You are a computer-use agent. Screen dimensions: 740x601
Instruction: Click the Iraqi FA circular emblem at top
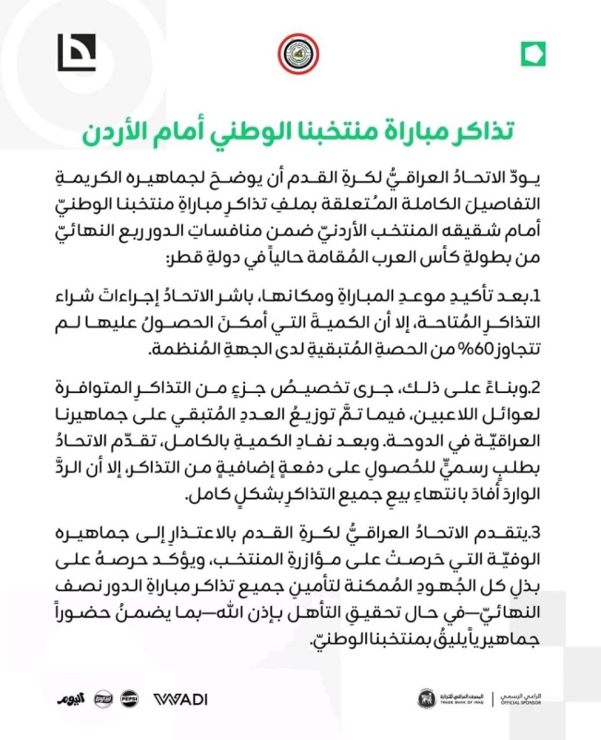[300, 55]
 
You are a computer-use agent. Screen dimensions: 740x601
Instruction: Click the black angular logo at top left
[77, 52]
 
